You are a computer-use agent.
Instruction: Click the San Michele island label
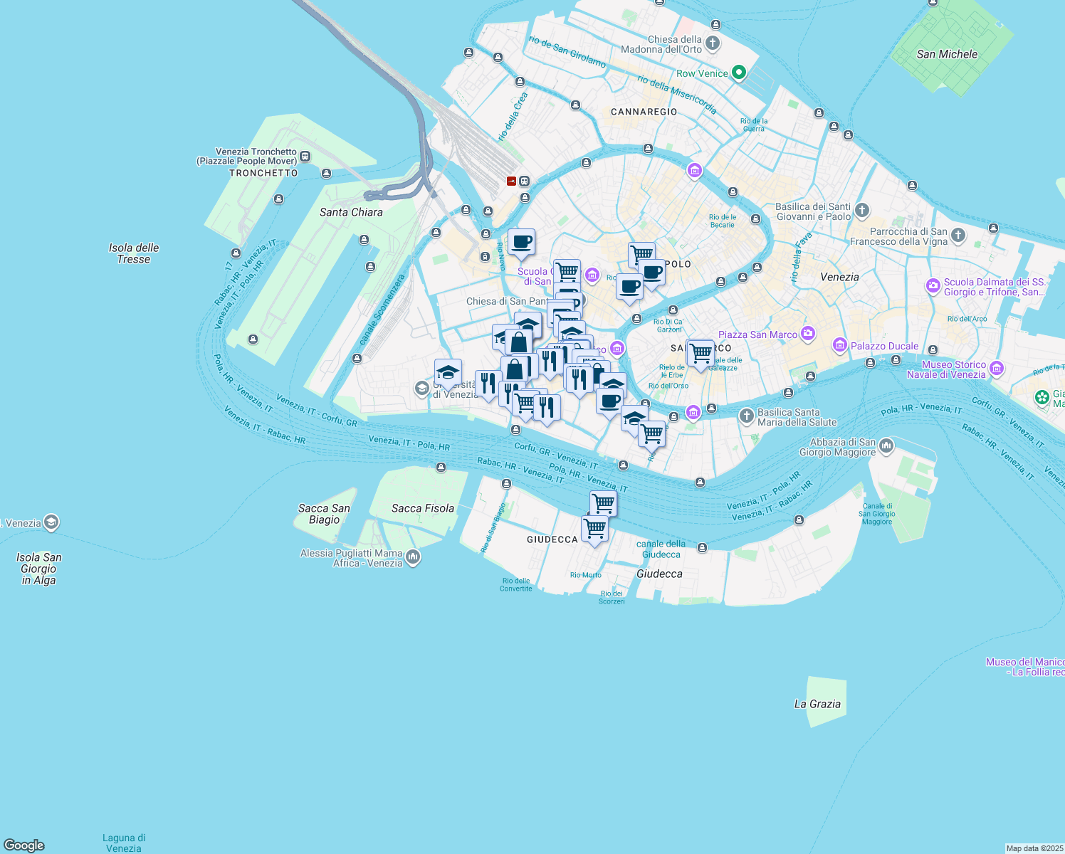pos(947,54)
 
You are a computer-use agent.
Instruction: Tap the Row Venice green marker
pos(739,73)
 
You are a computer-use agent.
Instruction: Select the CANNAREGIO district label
pos(644,112)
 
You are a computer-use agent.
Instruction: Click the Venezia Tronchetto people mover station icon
pos(305,157)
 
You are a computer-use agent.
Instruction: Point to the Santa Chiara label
pos(351,212)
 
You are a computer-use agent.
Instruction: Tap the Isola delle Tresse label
pos(134,253)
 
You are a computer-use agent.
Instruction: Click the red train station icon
pos(511,181)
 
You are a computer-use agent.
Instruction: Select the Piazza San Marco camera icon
pos(807,333)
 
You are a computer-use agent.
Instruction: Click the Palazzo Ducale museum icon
pos(840,347)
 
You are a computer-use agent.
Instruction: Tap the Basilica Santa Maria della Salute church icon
pos(746,416)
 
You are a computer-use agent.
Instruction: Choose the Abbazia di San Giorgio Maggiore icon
pos(886,446)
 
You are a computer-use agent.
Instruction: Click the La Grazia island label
pos(817,704)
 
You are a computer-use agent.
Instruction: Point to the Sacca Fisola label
pos(423,508)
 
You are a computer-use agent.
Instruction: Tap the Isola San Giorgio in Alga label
pos(39,569)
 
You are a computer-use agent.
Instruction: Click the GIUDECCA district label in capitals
pos(552,539)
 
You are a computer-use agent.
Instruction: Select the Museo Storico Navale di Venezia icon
pos(997,368)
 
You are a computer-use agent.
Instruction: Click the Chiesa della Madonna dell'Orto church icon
pos(713,44)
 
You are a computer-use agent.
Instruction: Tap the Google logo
pos(24,845)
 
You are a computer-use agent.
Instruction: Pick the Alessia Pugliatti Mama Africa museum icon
pos(413,557)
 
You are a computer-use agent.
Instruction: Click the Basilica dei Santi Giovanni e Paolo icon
pos(862,210)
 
